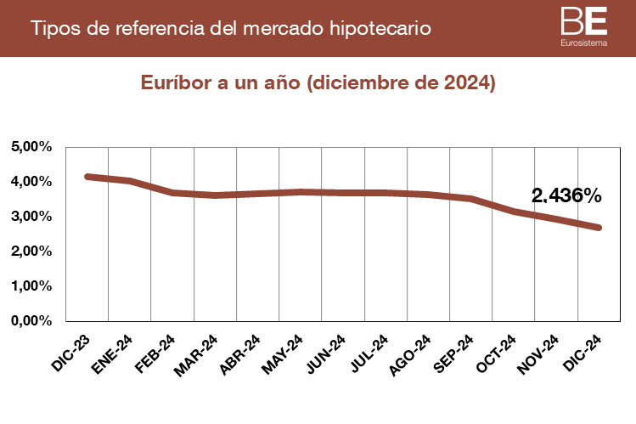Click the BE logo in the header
[584, 20]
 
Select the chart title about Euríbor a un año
[318, 83]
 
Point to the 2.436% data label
[566, 195]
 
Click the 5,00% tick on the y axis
[32, 147]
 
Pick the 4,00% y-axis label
[32, 182]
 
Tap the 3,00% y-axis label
[32, 217]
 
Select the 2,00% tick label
[32, 252]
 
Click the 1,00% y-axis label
[32, 286]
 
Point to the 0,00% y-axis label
[32, 321]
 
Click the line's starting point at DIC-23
[87, 177]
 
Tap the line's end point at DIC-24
[599, 228]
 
